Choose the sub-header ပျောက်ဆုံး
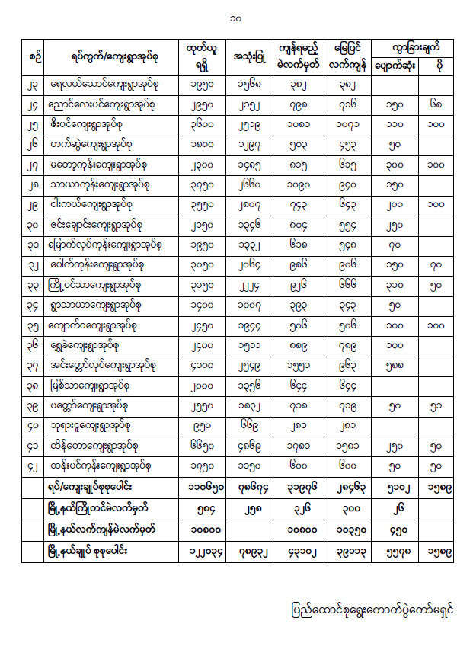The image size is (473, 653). click(395, 66)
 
